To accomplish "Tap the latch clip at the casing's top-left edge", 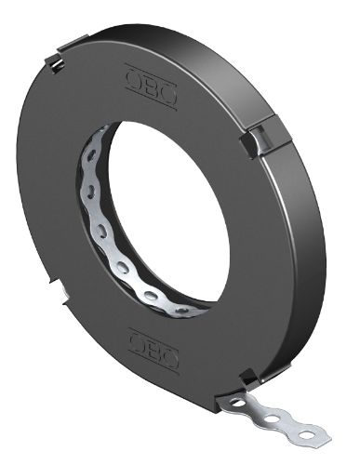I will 57,60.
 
